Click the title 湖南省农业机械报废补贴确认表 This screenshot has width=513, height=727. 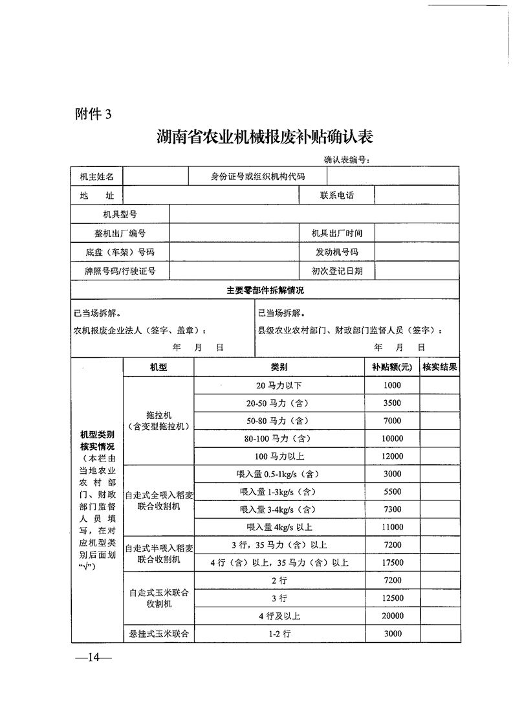pos(265,138)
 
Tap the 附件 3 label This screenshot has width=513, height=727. pos(93,114)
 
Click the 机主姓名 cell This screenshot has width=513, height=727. pos(97,176)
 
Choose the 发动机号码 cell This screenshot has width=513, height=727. pos(336,252)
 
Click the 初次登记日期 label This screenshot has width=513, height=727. pos(336,271)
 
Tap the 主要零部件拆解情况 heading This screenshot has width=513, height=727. pos(265,291)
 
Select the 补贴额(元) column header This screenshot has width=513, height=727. pos(392,367)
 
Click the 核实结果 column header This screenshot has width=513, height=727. pos(440,367)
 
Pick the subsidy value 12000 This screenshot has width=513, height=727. pos(392,456)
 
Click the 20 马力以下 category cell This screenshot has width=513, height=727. pos(279,386)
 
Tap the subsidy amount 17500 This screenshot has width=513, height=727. pos(392,563)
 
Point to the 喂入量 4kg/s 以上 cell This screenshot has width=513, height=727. pos(279,527)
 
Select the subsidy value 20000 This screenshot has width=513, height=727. pos(392,616)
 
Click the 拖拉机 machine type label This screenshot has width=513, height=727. pos(158,415)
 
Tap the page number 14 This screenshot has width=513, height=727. pos(93,658)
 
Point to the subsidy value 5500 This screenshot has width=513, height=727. pos(392,492)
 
